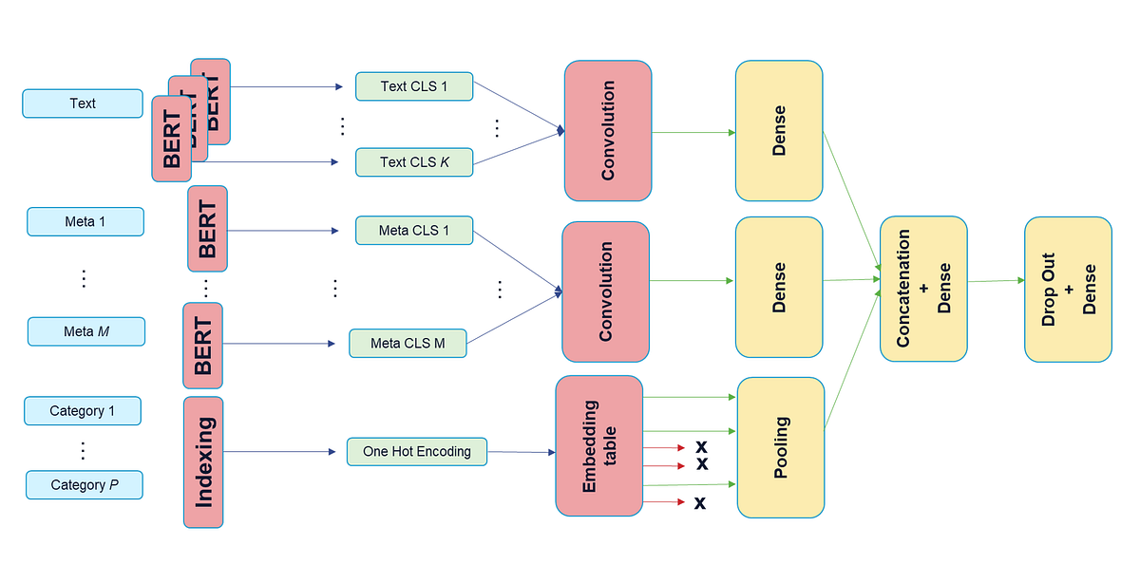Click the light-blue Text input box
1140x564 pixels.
83,103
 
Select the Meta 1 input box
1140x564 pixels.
85,221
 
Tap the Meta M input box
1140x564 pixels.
85,331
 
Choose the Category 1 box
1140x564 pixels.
83,411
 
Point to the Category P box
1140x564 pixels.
85,484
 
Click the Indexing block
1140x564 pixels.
203,462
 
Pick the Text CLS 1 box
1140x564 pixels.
414,86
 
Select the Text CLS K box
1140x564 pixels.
414,161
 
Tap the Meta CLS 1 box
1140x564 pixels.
414,231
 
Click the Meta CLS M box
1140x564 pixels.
408,343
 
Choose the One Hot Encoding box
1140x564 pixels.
417,451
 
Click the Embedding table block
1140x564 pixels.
598,445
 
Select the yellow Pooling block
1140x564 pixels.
780,446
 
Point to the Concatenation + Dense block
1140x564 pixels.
922,289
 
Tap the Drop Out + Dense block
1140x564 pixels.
1068,289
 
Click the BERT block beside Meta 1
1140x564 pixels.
207,229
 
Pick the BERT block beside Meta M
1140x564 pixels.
202,346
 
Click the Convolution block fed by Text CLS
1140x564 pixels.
607,131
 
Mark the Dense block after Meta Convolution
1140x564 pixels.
778,288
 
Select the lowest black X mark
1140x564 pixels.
700,502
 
